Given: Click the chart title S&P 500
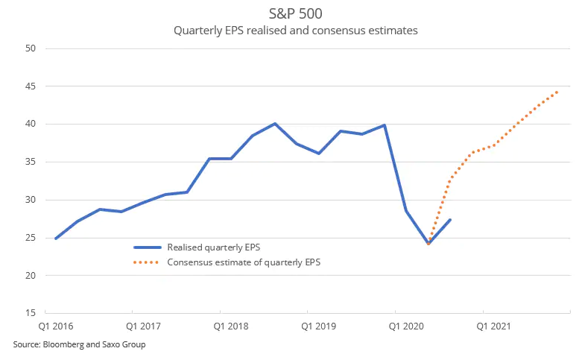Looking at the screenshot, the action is (x=295, y=13).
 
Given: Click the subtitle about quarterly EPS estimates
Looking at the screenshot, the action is (x=295, y=31).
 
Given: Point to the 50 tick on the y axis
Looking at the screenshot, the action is (x=31, y=48).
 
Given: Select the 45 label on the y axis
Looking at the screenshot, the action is (x=31, y=86).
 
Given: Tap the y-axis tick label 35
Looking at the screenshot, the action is (x=31, y=162).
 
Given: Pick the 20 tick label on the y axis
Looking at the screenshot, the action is (x=31, y=275).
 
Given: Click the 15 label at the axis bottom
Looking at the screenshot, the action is (x=31, y=313).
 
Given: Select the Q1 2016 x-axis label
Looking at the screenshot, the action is (x=56, y=326).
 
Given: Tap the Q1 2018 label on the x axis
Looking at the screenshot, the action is (x=231, y=326).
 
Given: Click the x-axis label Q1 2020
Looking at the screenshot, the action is (x=406, y=326).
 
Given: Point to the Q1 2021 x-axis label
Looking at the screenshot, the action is (x=493, y=326).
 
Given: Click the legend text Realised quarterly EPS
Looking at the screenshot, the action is (x=213, y=247).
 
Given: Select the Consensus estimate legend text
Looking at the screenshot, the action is (x=244, y=262).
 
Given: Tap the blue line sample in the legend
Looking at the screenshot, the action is (x=148, y=247).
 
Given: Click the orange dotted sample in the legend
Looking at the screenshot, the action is (x=146, y=262).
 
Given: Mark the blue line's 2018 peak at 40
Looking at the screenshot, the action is (x=275, y=124).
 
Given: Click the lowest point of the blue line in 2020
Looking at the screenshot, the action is (x=428, y=244).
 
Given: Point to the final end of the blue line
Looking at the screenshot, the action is (x=450, y=220).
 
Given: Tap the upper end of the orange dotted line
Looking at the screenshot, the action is (x=557, y=92).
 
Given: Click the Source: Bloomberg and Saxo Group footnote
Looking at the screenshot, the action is (x=79, y=344).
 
